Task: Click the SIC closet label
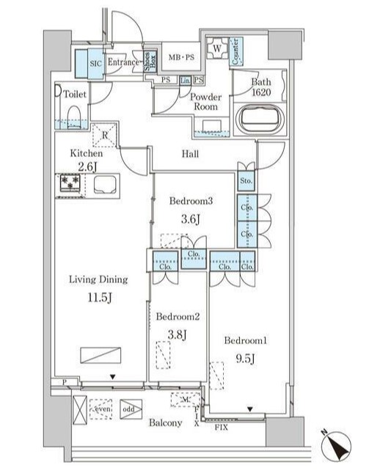tap(95, 63)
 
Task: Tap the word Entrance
tap(123, 63)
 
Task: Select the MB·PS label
tap(181, 57)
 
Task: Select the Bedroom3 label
tap(190, 200)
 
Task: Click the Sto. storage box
tap(246, 181)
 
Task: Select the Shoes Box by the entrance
tap(148, 62)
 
